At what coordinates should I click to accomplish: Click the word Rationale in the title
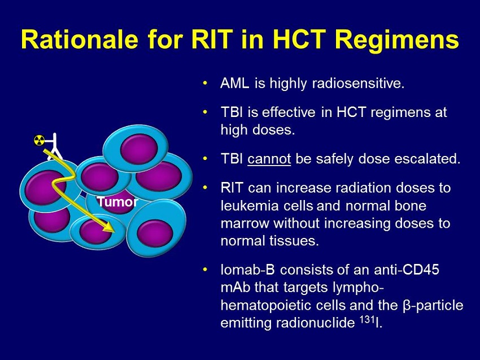[x=80, y=40]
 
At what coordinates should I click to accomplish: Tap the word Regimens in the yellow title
[x=397, y=41]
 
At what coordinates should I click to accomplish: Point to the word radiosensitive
[x=358, y=83]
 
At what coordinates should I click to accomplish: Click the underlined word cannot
[x=269, y=159]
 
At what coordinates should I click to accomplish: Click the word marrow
[x=245, y=224]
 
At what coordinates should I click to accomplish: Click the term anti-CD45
[x=406, y=270]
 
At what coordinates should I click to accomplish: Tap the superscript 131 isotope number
[x=366, y=320]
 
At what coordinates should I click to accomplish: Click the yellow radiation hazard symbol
[x=39, y=140]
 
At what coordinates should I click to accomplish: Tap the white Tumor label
[x=117, y=202]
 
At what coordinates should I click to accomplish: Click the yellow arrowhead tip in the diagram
[x=115, y=232]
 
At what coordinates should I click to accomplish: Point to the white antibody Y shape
[x=54, y=146]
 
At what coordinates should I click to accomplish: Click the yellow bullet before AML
[x=205, y=83]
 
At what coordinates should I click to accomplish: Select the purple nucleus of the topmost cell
[x=139, y=149]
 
